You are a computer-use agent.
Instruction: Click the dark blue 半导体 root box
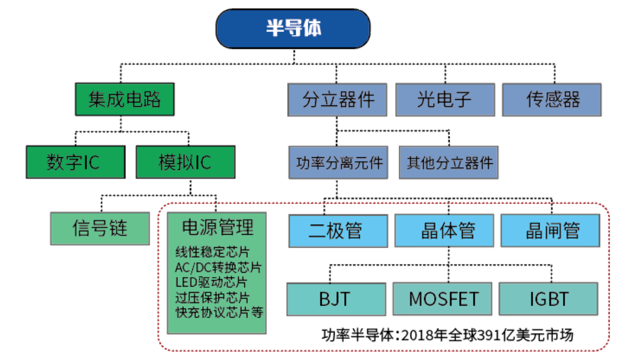(x=293, y=28)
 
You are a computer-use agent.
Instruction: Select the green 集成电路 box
(x=125, y=99)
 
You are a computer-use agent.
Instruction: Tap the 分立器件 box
(x=337, y=100)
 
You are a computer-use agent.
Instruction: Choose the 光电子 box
(x=445, y=100)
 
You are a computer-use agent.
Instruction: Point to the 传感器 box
(x=552, y=100)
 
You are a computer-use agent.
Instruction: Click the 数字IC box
(x=76, y=162)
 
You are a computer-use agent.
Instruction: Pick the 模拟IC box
(x=185, y=162)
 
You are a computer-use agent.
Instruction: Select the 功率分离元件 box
(x=338, y=162)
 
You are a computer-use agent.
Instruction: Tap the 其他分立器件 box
(x=449, y=162)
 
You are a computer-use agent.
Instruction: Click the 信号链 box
(x=100, y=229)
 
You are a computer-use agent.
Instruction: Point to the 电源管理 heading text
(x=217, y=227)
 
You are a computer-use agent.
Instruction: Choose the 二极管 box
(x=338, y=231)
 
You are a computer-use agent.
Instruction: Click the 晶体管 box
(x=444, y=231)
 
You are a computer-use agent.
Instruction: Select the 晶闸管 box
(x=551, y=231)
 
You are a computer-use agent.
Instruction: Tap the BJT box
(x=336, y=300)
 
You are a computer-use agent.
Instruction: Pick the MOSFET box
(x=443, y=299)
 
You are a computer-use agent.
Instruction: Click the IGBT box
(x=549, y=299)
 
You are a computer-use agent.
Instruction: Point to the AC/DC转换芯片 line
(x=218, y=268)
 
